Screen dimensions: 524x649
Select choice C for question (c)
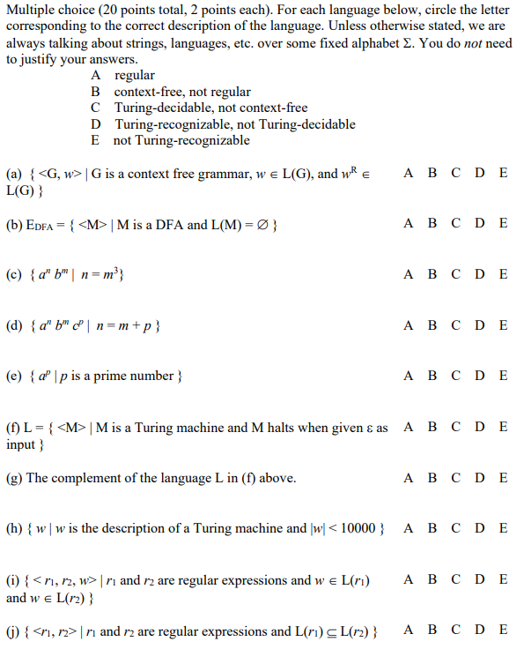pos(455,274)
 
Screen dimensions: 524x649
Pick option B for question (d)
pos(432,325)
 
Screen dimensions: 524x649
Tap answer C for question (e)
pos(455,376)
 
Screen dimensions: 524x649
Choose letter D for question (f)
pos(479,427)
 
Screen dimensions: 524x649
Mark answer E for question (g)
pos(503,478)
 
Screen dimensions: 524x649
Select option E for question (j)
pos(503,630)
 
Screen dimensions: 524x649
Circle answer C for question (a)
pos(455,173)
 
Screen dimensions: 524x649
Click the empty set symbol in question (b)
pos(262,225)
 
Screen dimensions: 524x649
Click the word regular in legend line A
pos(135,76)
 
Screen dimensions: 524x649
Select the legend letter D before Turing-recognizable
pos(95,124)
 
